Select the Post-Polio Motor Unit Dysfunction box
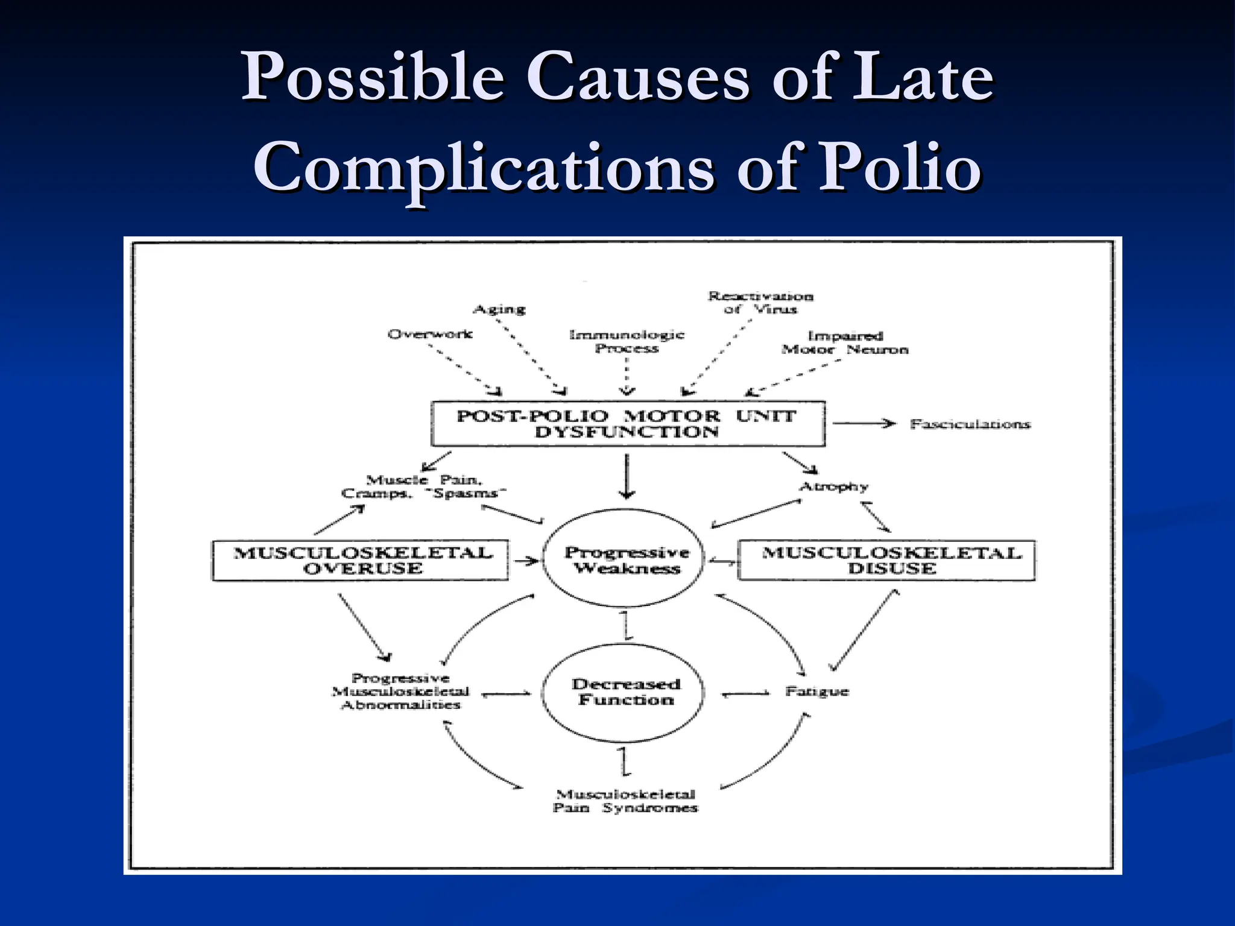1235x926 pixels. pyautogui.click(x=627, y=424)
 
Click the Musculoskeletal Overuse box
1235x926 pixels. pyautogui.click(x=361, y=561)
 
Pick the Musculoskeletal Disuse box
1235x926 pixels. pyautogui.click(x=887, y=561)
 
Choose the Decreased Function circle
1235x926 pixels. pyautogui.click(x=625, y=692)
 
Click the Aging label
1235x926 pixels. pyautogui.click(x=499, y=309)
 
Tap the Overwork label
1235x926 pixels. pyautogui.click(x=429, y=334)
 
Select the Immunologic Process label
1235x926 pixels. pyautogui.click(x=627, y=341)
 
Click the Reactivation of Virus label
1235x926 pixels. pyautogui.click(x=760, y=303)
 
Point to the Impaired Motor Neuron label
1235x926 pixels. pyautogui.click(x=844, y=342)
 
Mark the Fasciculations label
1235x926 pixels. pyautogui.click(x=970, y=424)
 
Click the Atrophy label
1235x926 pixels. pyautogui.click(x=833, y=487)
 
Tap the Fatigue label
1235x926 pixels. pyautogui.click(x=816, y=691)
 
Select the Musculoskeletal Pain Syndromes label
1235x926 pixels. pyautogui.click(x=625, y=801)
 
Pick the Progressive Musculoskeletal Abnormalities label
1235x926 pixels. pyautogui.click(x=400, y=691)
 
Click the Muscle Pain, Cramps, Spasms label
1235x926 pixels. pyautogui.click(x=423, y=487)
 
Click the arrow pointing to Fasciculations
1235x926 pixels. pyautogui.click(x=864, y=423)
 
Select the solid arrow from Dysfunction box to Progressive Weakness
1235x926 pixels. pyautogui.click(x=627, y=476)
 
